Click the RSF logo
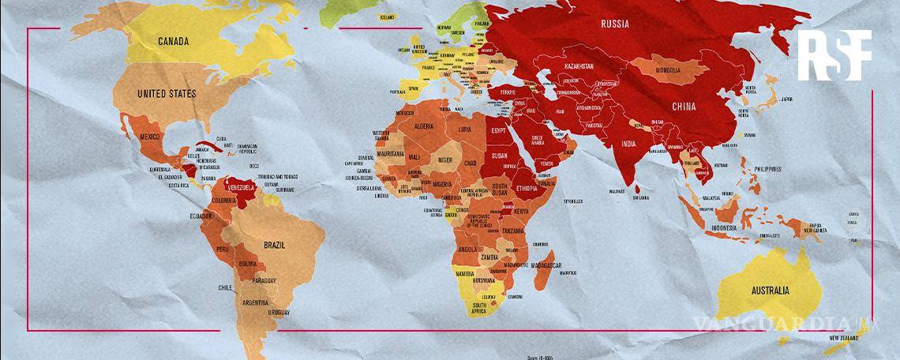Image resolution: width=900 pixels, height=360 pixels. pos(834,54)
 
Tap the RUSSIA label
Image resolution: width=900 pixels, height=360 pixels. pos(615,24)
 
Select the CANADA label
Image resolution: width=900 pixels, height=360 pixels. pos(177,41)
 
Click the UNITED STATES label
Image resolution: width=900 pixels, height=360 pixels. pos(167,93)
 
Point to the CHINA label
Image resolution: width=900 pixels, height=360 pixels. pos(684,105)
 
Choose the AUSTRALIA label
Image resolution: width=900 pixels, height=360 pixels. pos(768,291)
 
